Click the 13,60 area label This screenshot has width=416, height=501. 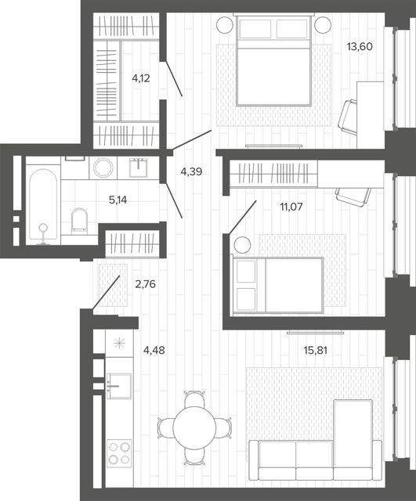pos(360,47)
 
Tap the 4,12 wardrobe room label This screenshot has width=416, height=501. pos(141,78)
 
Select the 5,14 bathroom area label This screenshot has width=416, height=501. pos(118,200)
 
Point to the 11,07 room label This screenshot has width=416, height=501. pos(291,207)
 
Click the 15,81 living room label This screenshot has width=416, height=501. pos(315,351)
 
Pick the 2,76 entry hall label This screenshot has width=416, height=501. pos(146,284)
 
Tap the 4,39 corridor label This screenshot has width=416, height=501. pos(191,172)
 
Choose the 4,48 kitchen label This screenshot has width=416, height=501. pos(154,351)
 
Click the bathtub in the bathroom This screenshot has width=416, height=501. pos(43,204)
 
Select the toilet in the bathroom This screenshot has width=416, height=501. pos(79,221)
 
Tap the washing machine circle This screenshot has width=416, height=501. pos(103,167)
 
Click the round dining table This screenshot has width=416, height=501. pos(194,428)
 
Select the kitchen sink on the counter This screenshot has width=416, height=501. pos(119,386)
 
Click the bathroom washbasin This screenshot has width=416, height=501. pos(139,168)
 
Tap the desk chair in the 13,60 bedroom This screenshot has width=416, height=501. pos(348,119)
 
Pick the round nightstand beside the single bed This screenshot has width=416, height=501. pos(242,245)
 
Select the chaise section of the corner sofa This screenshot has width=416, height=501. pos(353,438)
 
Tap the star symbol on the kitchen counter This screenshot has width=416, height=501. pos(118,344)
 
